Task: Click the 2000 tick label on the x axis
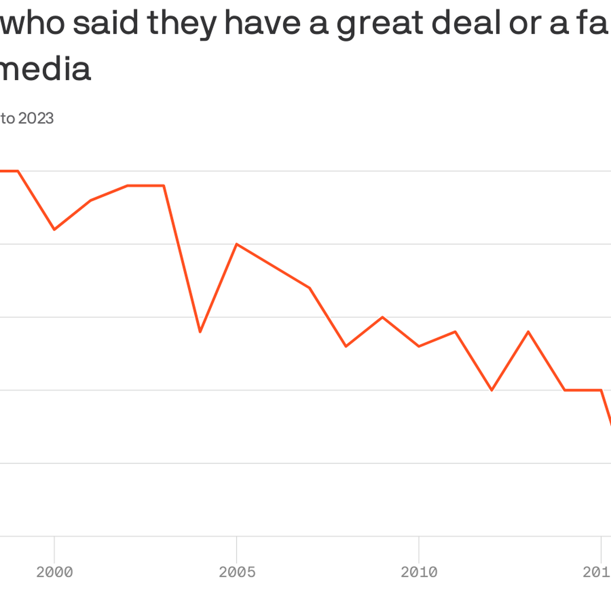click(x=54, y=572)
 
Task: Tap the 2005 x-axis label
click(x=237, y=572)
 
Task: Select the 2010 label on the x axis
click(x=419, y=572)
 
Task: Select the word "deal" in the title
click(x=466, y=23)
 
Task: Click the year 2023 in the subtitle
click(x=36, y=118)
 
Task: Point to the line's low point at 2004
click(x=200, y=331)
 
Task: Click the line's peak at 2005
click(x=237, y=244)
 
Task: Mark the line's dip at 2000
click(x=54, y=230)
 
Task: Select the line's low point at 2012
click(x=492, y=390)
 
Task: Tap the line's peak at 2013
click(x=529, y=331)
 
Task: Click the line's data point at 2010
click(x=419, y=346)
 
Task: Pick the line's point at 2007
click(x=310, y=288)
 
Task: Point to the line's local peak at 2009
click(x=383, y=317)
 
